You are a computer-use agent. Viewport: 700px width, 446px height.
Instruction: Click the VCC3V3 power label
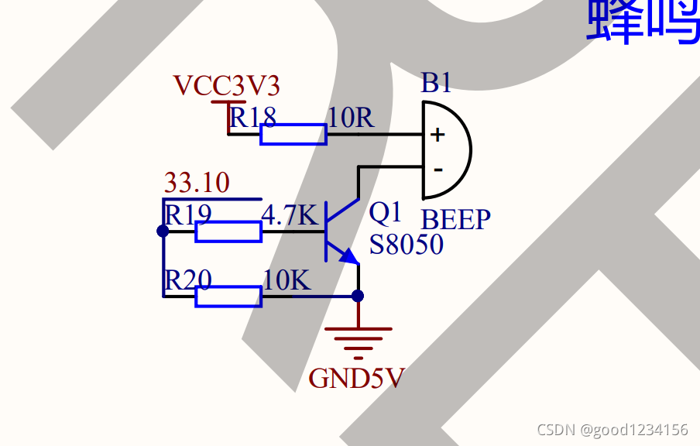click(x=226, y=85)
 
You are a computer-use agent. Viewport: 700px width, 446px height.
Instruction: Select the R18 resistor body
click(x=293, y=135)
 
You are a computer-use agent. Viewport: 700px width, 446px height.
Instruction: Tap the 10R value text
click(x=351, y=118)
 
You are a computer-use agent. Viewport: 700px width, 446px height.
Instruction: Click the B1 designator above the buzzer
click(x=436, y=84)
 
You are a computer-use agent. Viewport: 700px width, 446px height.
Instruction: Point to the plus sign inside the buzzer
click(x=437, y=135)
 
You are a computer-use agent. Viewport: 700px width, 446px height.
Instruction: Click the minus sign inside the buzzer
click(x=437, y=169)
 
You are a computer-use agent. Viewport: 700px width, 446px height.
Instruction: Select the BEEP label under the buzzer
click(x=456, y=220)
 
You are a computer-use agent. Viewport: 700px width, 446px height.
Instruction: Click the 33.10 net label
click(x=197, y=184)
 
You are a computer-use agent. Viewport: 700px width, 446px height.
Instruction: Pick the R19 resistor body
click(x=228, y=232)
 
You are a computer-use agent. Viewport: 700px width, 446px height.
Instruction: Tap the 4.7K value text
click(x=290, y=215)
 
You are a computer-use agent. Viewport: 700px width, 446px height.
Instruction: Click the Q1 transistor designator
click(x=386, y=211)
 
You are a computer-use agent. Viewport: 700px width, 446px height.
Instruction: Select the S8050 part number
click(x=407, y=245)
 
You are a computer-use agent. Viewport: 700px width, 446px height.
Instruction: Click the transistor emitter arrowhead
click(x=349, y=258)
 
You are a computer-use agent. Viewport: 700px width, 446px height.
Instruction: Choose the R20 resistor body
click(x=228, y=297)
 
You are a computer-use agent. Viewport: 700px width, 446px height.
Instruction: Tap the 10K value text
click(x=287, y=280)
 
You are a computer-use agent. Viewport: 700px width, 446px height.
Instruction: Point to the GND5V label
click(x=356, y=379)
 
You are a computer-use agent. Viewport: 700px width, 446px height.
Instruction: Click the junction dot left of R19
click(x=163, y=231)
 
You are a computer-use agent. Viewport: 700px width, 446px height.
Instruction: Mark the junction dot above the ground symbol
click(x=358, y=296)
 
